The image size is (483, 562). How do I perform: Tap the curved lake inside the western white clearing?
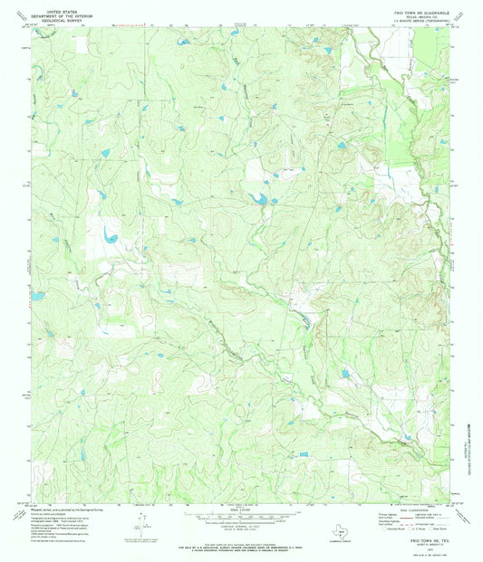(x=111, y=237)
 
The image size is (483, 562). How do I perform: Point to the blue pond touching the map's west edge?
(x=37, y=295)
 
